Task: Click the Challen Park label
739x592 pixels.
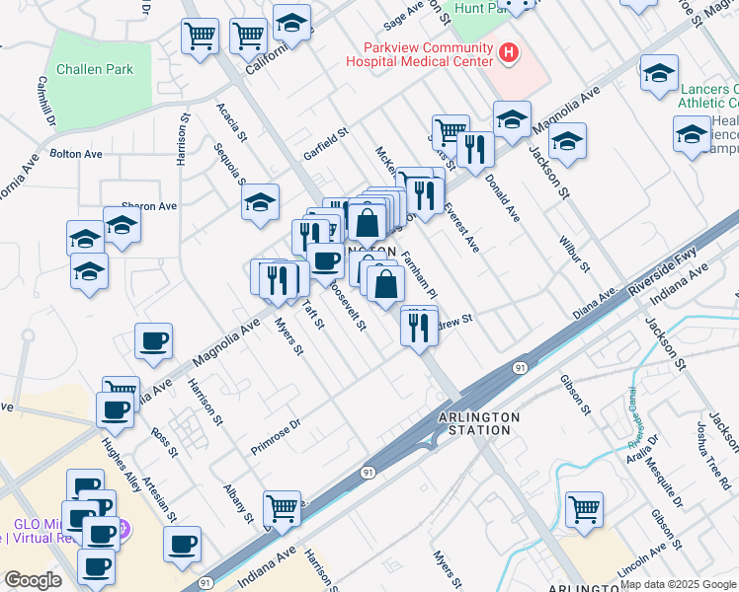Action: pos(95,69)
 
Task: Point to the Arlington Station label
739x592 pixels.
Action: pos(478,423)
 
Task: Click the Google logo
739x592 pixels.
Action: pos(33,580)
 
